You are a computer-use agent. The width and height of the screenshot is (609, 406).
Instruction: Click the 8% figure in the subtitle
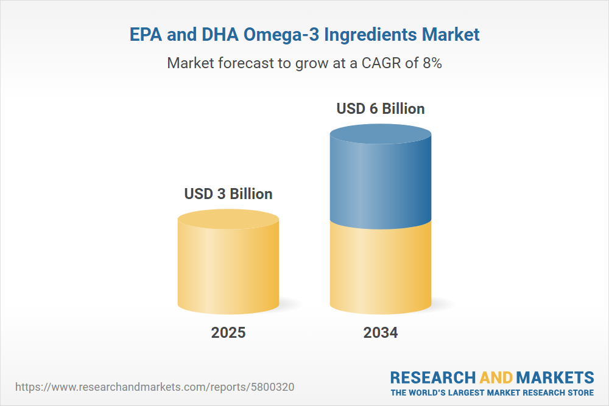[432, 63]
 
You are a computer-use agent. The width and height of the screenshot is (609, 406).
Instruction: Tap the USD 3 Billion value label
[228, 194]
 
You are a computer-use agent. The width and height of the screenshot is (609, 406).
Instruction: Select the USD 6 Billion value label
[381, 109]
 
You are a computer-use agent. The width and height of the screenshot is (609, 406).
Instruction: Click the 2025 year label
[228, 333]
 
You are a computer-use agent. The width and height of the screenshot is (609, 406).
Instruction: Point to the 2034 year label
[381, 333]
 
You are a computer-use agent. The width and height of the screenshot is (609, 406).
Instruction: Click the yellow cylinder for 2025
[228, 268]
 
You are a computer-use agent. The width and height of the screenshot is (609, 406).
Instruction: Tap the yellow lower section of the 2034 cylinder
[381, 268]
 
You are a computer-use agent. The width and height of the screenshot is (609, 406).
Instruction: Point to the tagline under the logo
[492, 392]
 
